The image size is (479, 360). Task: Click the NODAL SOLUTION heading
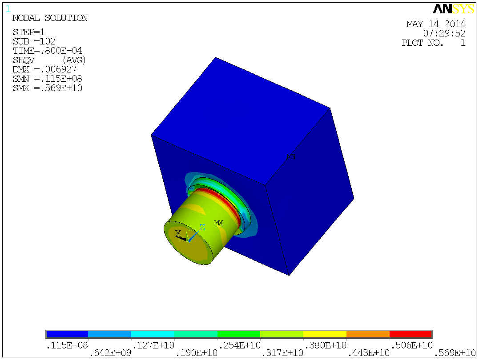coord(50,18)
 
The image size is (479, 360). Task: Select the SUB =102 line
coord(34,41)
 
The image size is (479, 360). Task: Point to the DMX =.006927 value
coord(44,69)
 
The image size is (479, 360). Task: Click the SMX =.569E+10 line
coord(47,88)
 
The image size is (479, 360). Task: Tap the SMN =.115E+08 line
coord(47,79)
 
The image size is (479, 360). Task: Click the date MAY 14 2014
coord(436,24)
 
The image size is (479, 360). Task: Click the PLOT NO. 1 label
coord(433,43)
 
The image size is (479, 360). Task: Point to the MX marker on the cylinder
coord(218,223)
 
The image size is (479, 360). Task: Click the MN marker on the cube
coord(291,156)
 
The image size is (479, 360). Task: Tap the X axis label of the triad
coord(178,233)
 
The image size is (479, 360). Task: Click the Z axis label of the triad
coord(202,227)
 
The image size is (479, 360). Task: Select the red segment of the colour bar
coord(411,334)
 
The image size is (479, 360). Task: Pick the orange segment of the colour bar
coord(368,334)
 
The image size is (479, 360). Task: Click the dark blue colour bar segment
coord(67,334)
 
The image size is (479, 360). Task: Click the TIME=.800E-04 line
coord(47,51)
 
